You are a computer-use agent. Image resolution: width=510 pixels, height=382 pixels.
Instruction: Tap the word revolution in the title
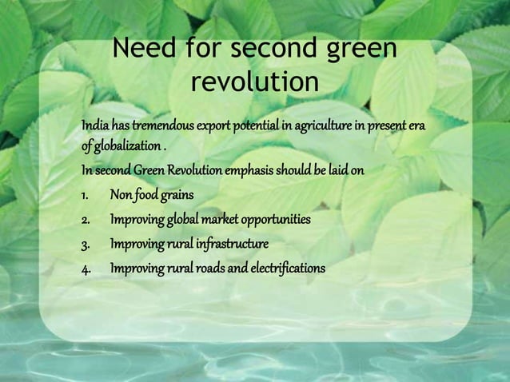coord(255,82)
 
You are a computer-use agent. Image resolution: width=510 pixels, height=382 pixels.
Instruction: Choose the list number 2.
coord(86,218)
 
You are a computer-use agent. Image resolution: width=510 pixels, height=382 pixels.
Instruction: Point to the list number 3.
coord(86,243)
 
